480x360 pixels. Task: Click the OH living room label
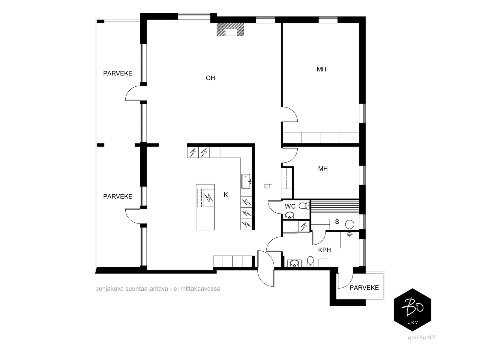[210, 78]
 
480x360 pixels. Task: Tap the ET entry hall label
[268, 186]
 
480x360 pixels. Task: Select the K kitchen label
[226, 194]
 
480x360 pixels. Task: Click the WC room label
[290, 206]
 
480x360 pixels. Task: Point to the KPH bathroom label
[324, 250]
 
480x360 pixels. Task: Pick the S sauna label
[337, 222]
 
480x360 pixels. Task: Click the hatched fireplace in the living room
[230, 29]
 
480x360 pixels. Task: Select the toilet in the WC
[304, 205]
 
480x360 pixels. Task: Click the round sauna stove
[349, 224]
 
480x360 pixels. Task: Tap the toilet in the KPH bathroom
[310, 261]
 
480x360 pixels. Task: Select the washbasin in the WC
[290, 215]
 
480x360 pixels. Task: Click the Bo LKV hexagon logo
[412, 310]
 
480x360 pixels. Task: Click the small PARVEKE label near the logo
[364, 288]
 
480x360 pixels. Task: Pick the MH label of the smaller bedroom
[323, 169]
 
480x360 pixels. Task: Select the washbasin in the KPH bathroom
[294, 263]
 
